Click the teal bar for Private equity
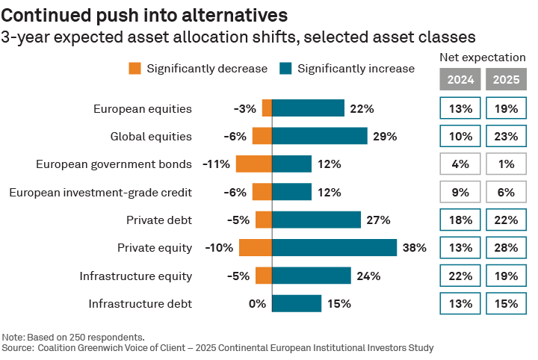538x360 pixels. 334,248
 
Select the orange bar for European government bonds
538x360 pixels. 253,164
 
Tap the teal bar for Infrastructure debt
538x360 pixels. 297,303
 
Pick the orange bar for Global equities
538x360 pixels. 262,136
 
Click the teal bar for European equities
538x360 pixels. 308,108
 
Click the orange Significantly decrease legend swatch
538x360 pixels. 135,69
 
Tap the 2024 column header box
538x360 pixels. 460,79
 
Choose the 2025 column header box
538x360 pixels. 506,79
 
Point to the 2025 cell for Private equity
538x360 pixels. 506,248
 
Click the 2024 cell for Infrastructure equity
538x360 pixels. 460,276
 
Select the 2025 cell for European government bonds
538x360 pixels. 506,164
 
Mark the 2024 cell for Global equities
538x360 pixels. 460,136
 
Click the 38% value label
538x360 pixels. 415,248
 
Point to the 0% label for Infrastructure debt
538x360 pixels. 257,303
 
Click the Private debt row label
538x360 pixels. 159,220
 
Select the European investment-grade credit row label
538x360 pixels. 101,192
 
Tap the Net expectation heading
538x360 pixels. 483,57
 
